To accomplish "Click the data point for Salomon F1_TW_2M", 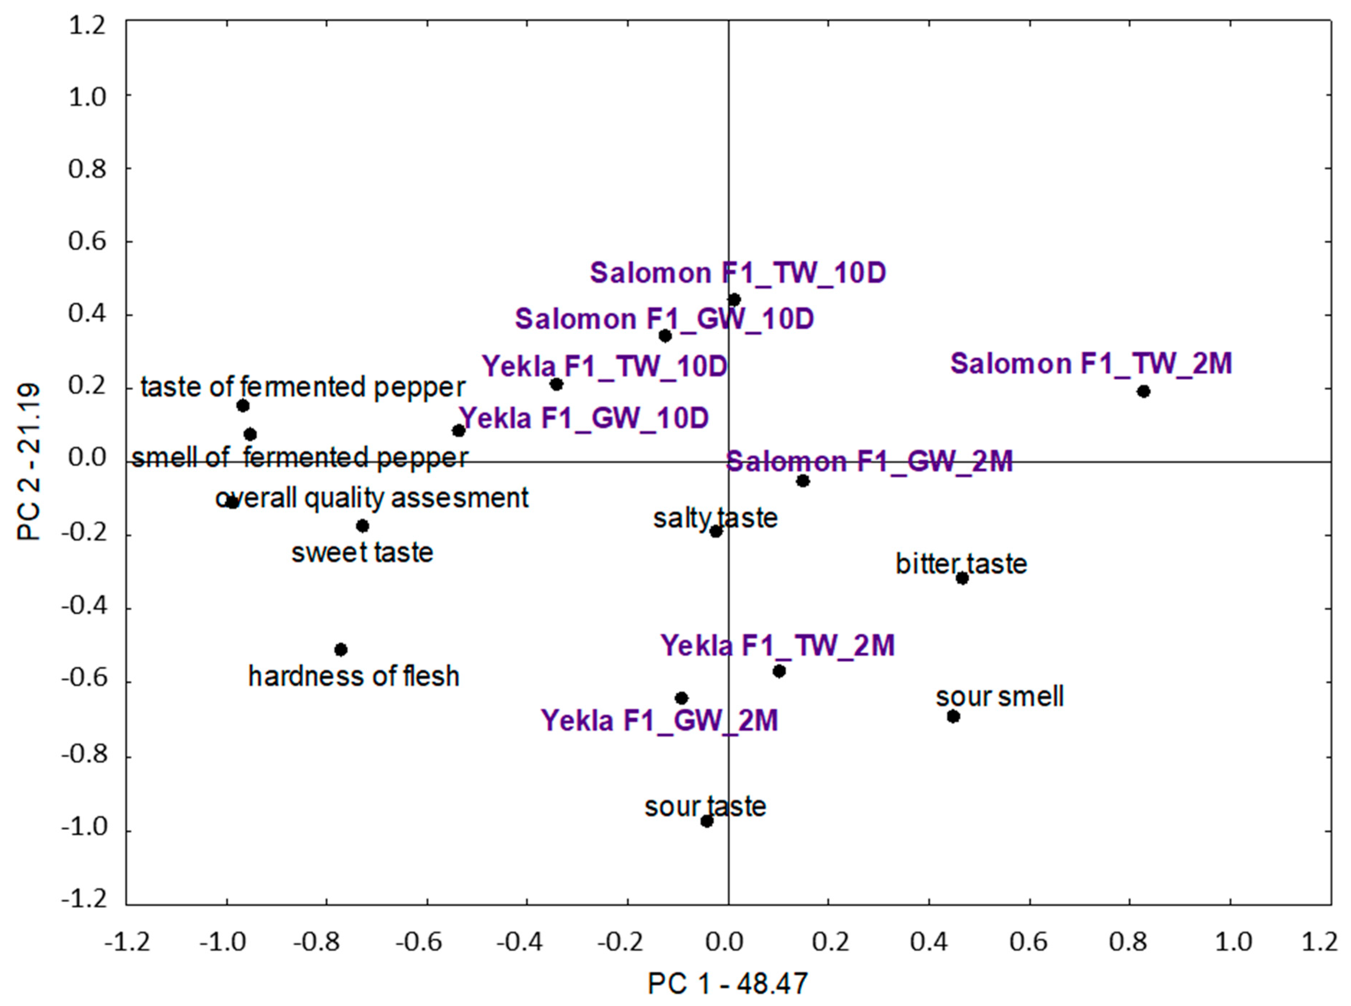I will (x=1143, y=391).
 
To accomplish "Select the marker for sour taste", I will (x=706, y=821).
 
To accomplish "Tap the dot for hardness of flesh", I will (x=341, y=650).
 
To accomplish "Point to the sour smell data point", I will (x=953, y=717).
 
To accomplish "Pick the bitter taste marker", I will (x=962, y=578).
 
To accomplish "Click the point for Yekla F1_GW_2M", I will (x=682, y=698).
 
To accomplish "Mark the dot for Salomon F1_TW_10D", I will (x=734, y=300).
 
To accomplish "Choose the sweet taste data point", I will (x=362, y=526).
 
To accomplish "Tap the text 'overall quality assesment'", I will (x=371, y=498).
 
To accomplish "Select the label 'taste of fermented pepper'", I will (x=303, y=387).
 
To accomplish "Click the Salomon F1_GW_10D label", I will (x=665, y=319).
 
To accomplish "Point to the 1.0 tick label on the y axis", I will (x=87, y=96).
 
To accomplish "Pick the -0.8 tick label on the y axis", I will (x=84, y=756).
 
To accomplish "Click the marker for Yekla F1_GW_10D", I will (x=459, y=430).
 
